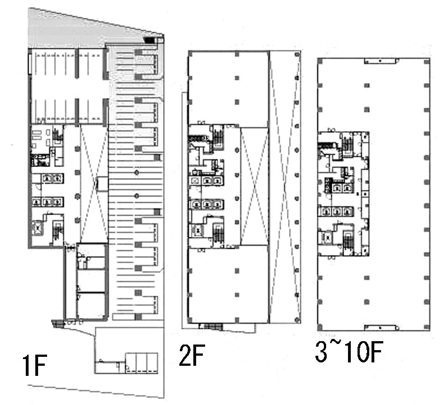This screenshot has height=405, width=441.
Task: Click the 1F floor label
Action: click(x=34, y=365)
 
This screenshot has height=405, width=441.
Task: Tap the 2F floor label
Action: click(x=192, y=355)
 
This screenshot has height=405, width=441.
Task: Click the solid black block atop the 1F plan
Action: click(x=149, y=40)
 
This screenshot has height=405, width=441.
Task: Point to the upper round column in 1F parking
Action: click(x=137, y=173)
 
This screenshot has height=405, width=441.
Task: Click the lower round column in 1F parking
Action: click(x=137, y=195)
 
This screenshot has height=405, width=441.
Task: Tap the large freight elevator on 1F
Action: click(x=37, y=229)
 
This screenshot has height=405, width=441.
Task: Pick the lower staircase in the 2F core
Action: click(x=218, y=234)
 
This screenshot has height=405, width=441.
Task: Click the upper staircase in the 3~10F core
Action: click(x=346, y=145)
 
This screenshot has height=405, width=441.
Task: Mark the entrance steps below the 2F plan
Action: click(x=213, y=326)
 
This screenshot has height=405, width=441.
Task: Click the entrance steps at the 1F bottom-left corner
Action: click(x=58, y=324)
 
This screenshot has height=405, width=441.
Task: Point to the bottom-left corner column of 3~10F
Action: click(x=320, y=327)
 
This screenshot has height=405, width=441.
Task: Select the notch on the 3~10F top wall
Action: click(x=382, y=60)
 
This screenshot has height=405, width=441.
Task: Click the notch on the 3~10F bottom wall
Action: click(x=382, y=328)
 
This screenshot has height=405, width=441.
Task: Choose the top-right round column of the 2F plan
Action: click(x=297, y=54)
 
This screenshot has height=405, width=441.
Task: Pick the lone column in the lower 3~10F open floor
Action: click(x=366, y=302)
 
